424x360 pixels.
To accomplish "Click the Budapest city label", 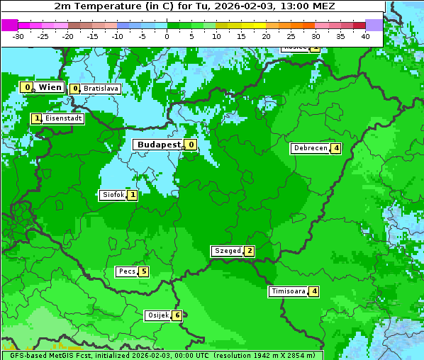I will (159, 145).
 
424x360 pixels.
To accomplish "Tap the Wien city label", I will (50, 87).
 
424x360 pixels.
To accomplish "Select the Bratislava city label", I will (101, 89).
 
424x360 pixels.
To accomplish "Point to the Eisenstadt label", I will (63, 119).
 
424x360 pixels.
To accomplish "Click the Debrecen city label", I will (310, 149).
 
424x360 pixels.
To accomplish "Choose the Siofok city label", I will (113, 195).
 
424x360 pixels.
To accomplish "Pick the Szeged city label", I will (227, 251).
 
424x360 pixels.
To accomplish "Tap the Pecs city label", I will (127, 271).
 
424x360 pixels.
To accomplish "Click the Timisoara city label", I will (288, 291).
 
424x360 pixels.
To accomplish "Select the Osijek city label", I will (157, 315).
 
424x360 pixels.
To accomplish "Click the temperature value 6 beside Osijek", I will (177, 315).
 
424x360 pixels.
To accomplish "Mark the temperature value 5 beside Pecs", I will (143, 271).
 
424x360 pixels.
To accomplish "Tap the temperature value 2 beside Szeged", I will (249, 251).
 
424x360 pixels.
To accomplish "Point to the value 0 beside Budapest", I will (191, 145).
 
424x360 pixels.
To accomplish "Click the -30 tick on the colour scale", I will (18, 35).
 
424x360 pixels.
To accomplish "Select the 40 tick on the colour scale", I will (365, 35).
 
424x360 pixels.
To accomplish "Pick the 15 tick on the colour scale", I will (241, 35).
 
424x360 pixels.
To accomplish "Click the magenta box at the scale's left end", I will (9, 25).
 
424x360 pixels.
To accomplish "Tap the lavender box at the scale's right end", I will (374, 25).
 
